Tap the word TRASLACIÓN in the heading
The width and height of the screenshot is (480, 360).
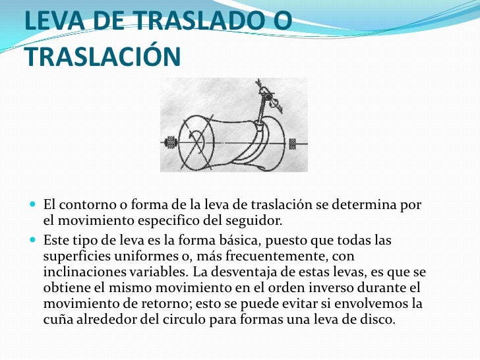click(103, 57)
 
